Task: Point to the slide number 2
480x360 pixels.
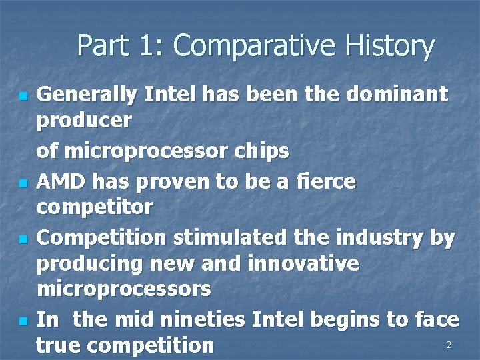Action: pos(449,345)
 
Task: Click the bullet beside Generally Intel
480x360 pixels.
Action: pos(23,97)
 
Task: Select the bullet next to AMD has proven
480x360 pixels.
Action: pos(23,183)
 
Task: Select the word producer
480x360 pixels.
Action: pos(84,122)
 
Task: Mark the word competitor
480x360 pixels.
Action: pos(95,207)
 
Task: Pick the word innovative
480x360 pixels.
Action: pos(303,263)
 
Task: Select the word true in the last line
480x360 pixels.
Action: pos(59,345)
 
